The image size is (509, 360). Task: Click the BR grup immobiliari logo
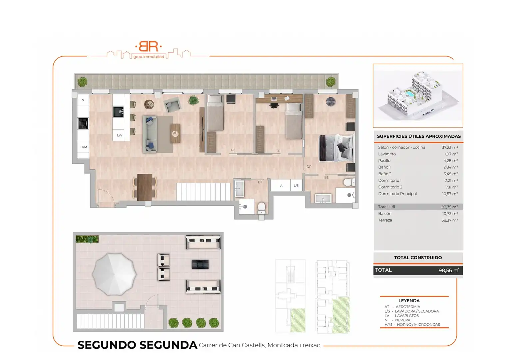[149, 50]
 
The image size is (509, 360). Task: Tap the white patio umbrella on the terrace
[114, 274]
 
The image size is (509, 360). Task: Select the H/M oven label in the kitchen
[84, 147]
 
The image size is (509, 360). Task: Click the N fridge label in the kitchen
[83, 100]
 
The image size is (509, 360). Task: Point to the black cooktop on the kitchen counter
[83, 123]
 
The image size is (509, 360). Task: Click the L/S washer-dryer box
[296, 185]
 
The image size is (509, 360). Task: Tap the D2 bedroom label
[233, 150]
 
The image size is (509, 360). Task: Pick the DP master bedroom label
[309, 167]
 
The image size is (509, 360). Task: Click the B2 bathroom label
[326, 177]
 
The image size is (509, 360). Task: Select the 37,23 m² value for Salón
[450, 147]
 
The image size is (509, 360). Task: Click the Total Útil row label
[386, 207]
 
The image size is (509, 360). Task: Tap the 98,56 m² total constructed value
[449, 270]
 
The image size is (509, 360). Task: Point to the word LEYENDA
[409, 301]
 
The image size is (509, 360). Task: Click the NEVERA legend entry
[403, 320]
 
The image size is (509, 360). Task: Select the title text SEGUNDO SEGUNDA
[137, 345]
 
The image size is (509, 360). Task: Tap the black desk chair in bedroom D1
[274, 105]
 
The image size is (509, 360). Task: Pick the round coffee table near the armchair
[149, 104]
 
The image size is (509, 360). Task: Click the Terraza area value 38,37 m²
[450, 220]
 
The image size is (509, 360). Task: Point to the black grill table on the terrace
[200, 264]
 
